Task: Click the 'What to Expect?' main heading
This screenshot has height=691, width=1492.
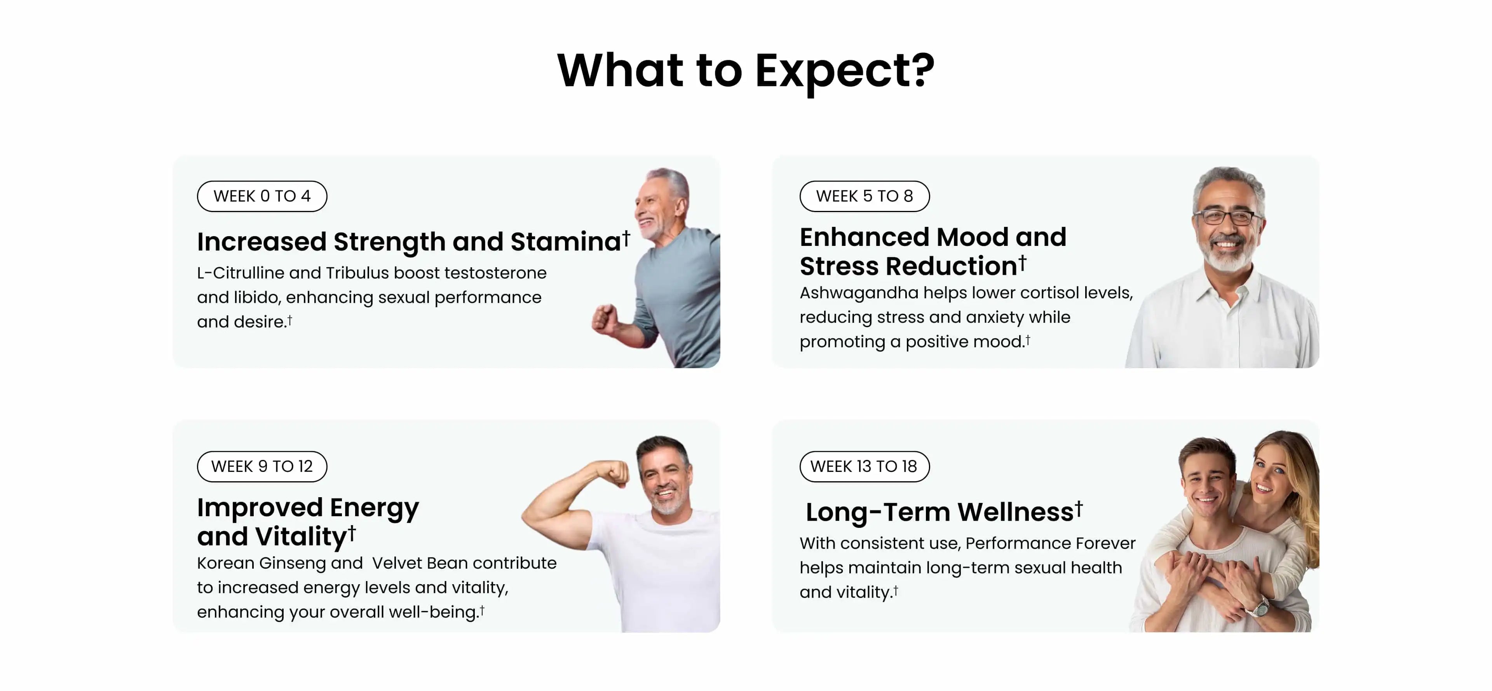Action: (746, 71)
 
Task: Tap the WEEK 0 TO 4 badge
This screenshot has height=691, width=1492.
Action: (262, 197)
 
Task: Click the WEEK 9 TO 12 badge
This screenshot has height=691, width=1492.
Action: (262, 466)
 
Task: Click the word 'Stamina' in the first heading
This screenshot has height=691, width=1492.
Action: (566, 242)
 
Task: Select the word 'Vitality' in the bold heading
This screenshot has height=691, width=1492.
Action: (301, 536)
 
